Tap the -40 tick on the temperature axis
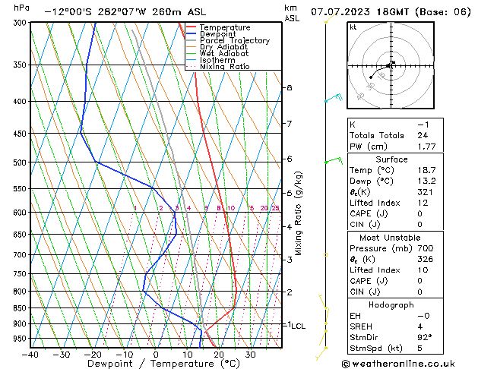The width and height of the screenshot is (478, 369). coord(31,354)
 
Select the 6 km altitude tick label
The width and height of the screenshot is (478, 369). coord(290,159)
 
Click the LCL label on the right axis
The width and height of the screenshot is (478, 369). coord(298,326)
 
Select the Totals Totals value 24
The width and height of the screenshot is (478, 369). coord(423,135)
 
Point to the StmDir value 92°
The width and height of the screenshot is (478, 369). coord(425,337)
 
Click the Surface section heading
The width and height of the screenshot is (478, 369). coord(391,160)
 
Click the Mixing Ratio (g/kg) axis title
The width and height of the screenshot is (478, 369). coord(299,213)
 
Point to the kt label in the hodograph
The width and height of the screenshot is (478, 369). coord(353,27)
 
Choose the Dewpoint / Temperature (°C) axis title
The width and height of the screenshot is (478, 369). coord(155,364)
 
